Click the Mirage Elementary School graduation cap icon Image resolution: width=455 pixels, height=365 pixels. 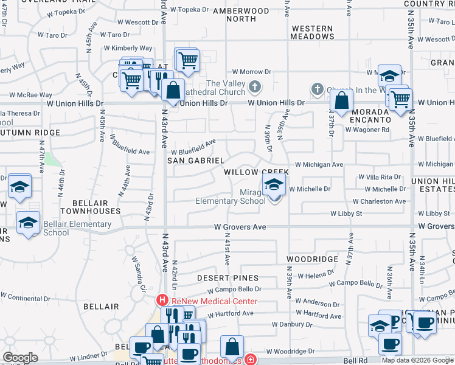point(274,184)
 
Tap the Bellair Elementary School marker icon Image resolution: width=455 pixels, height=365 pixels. point(29,222)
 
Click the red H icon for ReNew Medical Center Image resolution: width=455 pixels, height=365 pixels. point(162,301)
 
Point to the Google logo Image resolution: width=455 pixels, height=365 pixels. point(20,358)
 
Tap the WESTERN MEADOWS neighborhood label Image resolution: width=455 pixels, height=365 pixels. point(312,32)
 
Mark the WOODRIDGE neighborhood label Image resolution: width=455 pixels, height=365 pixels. point(312,259)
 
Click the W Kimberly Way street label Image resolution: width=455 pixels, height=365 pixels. point(128,48)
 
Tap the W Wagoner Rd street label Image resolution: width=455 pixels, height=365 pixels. point(364,130)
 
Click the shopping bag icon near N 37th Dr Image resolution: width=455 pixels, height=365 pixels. point(342,100)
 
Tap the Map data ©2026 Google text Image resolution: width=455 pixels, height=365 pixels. point(417,360)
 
